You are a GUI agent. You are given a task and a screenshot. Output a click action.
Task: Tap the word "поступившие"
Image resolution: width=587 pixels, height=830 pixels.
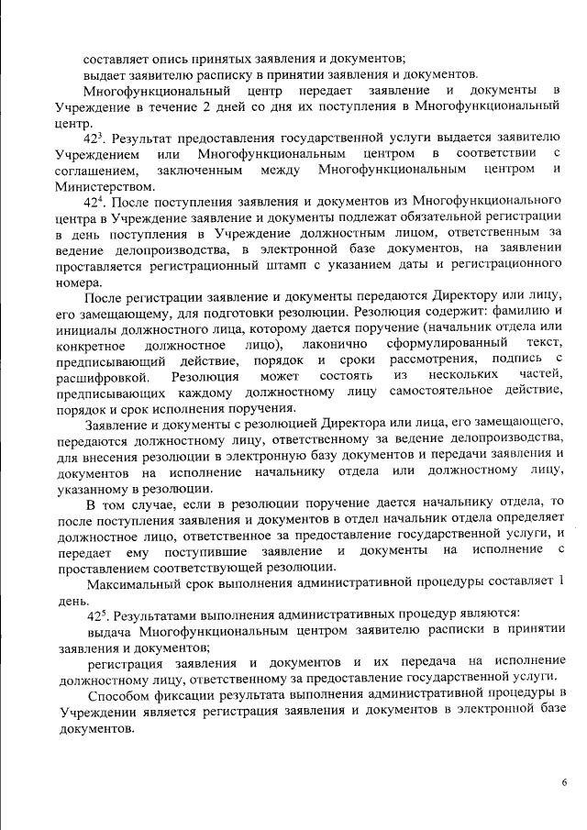(208, 550)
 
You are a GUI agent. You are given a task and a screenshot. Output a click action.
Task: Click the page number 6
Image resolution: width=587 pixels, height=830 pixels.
(564, 782)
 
